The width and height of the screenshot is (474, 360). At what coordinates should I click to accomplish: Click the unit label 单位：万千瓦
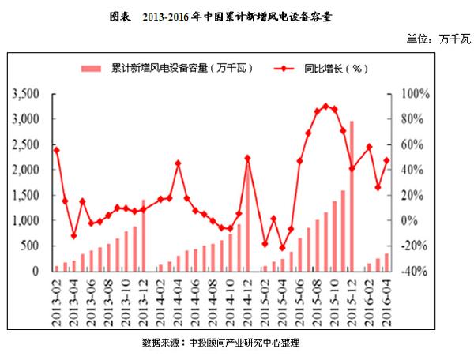point(437,38)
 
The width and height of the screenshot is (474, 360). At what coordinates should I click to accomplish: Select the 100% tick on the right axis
point(416,94)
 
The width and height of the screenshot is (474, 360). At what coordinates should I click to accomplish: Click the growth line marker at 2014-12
point(247,158)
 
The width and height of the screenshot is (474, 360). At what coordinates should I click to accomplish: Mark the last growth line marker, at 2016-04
point(386,160)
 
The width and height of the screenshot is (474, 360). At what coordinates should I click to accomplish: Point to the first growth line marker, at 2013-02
point(56,150)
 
